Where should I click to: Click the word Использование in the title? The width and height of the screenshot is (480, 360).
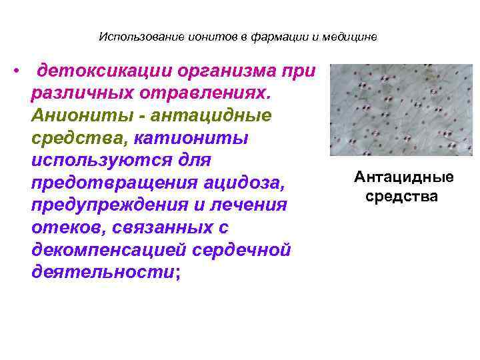(x=131, y=37)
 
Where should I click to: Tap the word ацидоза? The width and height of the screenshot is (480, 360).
(x=243, y=183)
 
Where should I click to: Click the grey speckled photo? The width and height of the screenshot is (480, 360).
(x=401, y=110)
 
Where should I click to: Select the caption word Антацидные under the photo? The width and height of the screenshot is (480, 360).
(x=404, y=177)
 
